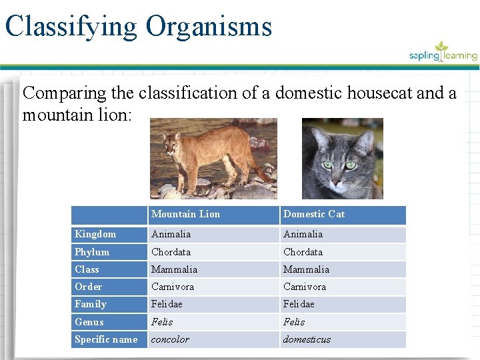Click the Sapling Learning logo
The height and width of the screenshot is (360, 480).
(443, 53)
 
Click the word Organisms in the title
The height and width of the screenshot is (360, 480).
(209, 26)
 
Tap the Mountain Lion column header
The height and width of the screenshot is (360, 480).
(185, 214)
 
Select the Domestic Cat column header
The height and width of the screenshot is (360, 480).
(314, 214)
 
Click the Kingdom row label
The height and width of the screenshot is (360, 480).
(95, 234)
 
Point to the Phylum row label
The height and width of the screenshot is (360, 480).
(92, 252)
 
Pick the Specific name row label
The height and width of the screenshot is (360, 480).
(106, 339)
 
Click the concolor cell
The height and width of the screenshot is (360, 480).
(170, 339)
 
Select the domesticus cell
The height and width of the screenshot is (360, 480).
(307, 339)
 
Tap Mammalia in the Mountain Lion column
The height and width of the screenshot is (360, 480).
(174, 269)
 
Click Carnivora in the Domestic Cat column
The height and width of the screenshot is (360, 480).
(305, 287)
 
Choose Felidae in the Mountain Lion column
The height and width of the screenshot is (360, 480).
(166, 304)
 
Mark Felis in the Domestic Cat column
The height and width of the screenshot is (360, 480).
(294, 322)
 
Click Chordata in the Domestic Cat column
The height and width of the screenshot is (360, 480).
(303, 252)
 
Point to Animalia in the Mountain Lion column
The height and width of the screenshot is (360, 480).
(171, 234)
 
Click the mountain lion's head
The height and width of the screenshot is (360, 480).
(171, 143)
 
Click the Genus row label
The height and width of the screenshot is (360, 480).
(89, 322)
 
